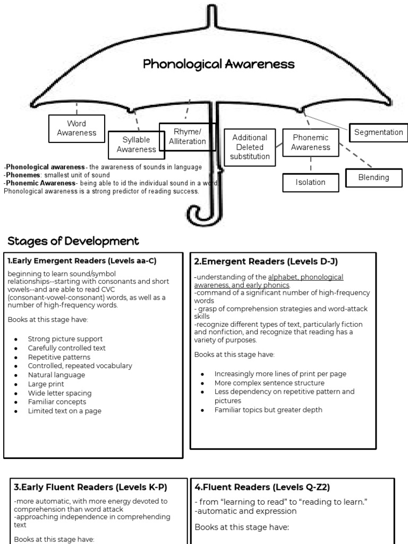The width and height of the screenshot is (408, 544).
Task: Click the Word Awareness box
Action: [76, 129]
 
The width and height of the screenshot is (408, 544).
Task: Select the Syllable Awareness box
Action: [136, 144]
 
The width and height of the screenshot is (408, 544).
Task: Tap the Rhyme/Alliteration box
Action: [187, 137]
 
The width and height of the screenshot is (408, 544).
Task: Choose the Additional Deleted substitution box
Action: [250, 147]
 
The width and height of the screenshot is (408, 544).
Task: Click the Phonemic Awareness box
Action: [311, 142]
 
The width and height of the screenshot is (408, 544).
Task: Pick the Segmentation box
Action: [378, 132]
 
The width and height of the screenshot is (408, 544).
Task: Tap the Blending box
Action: [373, 177]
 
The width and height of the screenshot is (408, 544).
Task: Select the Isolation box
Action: [310, 182]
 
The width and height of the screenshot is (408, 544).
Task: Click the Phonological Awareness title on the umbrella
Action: [218, 64]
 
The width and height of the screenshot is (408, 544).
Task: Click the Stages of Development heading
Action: [73, 241]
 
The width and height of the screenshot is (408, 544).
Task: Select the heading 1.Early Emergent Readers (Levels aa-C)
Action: [82, 261]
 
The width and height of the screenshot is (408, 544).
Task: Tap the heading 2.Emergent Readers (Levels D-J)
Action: [266, 261]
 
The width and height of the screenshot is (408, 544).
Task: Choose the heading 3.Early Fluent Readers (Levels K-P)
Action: [90, 487]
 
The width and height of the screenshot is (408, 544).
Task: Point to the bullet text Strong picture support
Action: [65, 339]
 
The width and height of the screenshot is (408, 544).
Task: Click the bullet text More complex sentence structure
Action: [269, 383]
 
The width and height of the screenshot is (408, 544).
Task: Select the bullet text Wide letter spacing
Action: [60, 393]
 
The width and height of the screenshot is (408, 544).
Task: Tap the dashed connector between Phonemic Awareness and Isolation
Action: [311, 165]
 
